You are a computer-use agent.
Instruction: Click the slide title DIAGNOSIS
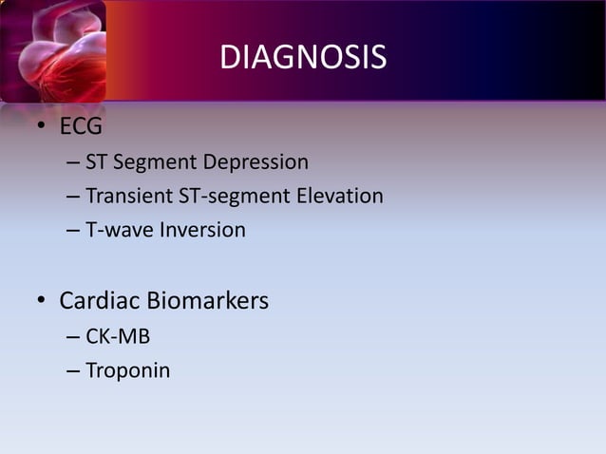(303, 58)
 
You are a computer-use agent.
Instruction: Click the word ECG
(81, 126)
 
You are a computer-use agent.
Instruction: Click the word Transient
(129, 197)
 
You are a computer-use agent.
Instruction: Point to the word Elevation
(339, 197)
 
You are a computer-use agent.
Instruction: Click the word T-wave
(118, 230)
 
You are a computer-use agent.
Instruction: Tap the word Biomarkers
(211, 301)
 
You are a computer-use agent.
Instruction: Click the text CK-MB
(118, 336)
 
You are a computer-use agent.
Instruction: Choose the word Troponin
(128, 370)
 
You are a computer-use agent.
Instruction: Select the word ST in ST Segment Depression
(97, 162)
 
